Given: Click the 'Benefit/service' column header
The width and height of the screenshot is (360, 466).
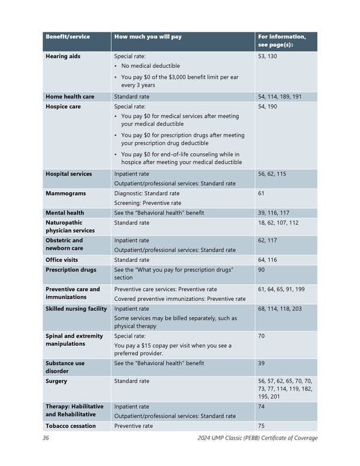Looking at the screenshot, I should click(68, 37).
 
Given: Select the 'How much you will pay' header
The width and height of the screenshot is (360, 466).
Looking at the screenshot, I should click(148, 37).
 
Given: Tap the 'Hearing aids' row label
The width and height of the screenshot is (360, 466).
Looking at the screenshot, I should click(63, 56).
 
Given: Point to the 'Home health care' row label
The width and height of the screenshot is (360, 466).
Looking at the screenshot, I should click(70, 97).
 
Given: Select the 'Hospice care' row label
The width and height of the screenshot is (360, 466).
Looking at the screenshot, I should click(65, 106).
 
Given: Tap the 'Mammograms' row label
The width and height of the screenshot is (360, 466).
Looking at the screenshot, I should click(65, 193).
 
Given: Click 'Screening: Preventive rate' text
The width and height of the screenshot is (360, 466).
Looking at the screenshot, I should click(148, 203).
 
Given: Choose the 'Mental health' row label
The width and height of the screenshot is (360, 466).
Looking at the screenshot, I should click(65, 213).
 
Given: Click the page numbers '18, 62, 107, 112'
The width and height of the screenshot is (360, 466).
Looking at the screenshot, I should click(278, 222).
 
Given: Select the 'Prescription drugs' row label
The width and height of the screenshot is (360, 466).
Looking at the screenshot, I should click(71, 270).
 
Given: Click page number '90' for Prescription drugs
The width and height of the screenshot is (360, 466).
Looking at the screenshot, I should click(261, 270).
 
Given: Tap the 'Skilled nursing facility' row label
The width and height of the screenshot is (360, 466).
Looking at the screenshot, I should click(76, 309).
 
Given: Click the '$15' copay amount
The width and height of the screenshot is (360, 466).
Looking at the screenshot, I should click(160, 345).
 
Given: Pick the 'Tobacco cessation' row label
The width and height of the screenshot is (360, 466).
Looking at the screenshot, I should click(71, 426).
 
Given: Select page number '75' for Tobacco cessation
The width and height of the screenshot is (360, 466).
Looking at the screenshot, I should click(261, 426).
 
